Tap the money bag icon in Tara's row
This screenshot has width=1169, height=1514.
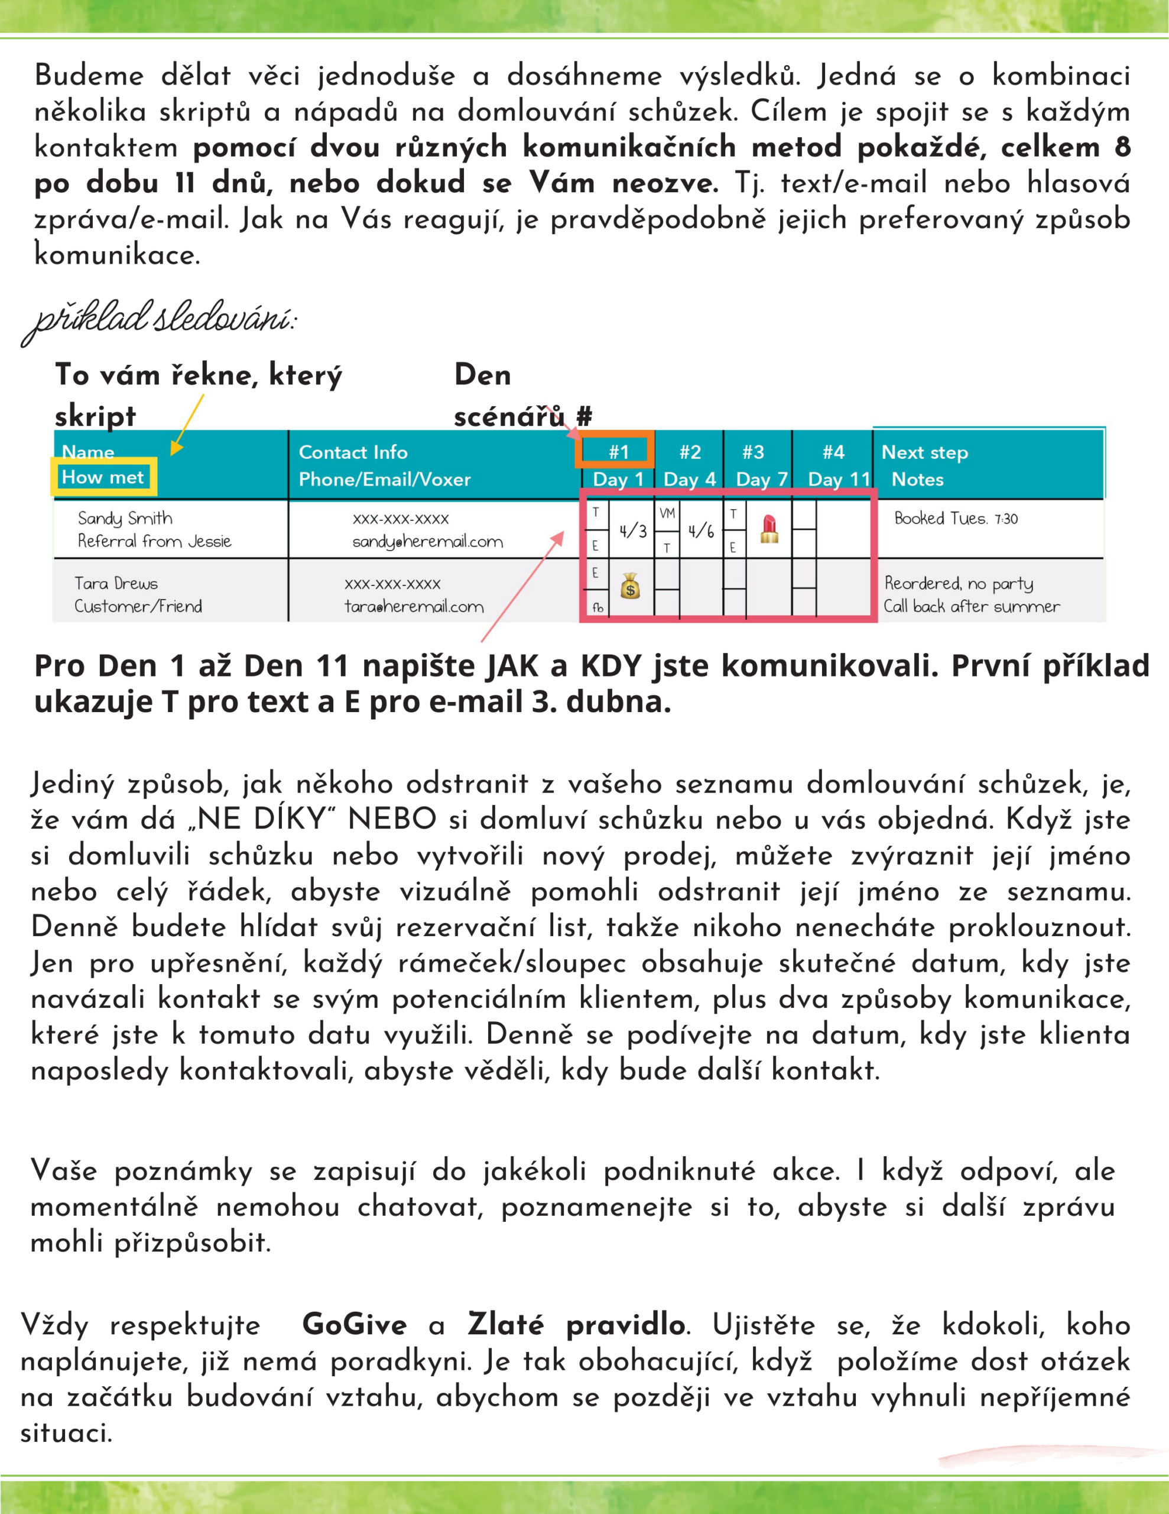click(x=630, y=587)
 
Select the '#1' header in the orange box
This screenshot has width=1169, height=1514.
click(x=618, y=452)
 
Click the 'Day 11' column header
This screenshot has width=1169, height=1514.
click(x=839, y=479)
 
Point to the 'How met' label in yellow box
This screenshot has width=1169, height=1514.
click(x=103, y=477)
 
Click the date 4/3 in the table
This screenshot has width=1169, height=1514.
click(x=632, y=531)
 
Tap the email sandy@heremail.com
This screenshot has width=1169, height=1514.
click(x=427, y=541)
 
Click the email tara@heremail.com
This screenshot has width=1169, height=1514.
click(x=414, y=607)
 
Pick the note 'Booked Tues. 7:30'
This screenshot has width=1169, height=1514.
click(x=956, y=519)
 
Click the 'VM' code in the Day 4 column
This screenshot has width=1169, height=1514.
click(x=667, y=514)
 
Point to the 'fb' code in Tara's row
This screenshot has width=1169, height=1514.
click(x=598, y=608)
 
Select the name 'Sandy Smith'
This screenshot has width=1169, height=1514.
click(x=125, y=518)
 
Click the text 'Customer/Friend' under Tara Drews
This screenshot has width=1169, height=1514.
click(x=138, y=607)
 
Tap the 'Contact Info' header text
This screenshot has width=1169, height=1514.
click(x=353, y=452)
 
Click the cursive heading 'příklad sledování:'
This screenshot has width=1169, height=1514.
click(x=160, y=321)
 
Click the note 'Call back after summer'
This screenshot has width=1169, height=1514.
click(x=971, y=607)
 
